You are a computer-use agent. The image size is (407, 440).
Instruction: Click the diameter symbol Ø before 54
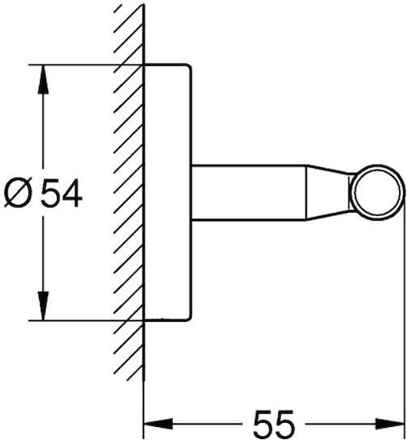(x=19, y=193)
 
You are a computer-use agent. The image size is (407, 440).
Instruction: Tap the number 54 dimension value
(x=61, y=193)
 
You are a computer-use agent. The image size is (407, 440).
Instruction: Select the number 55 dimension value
(x=274, y=425)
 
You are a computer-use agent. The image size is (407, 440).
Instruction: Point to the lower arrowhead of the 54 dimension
(x=43, y=306)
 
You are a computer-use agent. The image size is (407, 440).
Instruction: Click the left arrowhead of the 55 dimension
(x=158, y=424)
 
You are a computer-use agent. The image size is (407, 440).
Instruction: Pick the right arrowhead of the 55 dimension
(x=390, y=424)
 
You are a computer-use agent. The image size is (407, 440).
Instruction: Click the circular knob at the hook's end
(x=377, y=192)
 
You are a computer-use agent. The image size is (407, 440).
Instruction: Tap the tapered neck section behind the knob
(x=328, y=192)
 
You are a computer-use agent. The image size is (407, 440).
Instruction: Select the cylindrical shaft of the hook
(x=248, y=192)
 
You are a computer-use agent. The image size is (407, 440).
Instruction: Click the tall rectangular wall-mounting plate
(x=168, y=192)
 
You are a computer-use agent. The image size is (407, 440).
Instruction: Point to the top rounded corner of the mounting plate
(x=189, y=67)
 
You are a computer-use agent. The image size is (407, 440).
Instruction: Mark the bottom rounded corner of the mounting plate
(x=189, y=318)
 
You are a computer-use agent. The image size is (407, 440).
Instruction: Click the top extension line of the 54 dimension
(x=85, y=65)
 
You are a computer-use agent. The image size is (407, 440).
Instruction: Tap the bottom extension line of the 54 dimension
(x=85, y=320)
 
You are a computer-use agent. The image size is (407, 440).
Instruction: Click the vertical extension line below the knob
(x=405, y=315)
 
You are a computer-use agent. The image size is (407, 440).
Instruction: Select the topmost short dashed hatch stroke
(x=118, y=9)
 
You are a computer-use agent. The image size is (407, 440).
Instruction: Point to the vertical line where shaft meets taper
(x=306, y=192)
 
